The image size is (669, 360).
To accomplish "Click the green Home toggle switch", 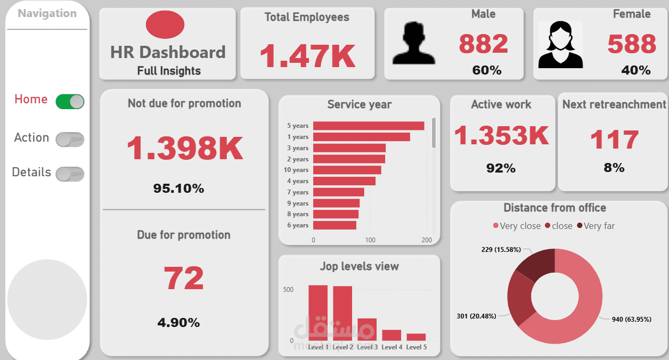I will point(70,101).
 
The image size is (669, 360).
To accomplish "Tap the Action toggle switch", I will point(70,140).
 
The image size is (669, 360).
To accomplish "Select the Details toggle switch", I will point(70,174).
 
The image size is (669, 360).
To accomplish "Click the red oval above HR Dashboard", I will point(165,25).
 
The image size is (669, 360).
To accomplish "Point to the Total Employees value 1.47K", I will point(307,56).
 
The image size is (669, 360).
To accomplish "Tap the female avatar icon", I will point(560,45).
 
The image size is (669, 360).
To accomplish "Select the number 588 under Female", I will point(632,44).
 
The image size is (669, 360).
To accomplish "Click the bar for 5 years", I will point(369,126).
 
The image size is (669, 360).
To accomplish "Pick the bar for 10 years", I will point(347,170).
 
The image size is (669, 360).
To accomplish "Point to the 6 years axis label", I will point(298,225).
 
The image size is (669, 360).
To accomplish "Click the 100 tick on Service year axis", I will point(370,240).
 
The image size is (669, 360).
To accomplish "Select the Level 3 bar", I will point(367,329).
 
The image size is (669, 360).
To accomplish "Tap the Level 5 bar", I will point(416,337).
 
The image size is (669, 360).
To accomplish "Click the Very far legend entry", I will point(595,226).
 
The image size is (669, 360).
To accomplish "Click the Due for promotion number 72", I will point(183,278).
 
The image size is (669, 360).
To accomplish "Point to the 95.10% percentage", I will point(178,189).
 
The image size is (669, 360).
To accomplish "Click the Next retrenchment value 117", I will point(614,140).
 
